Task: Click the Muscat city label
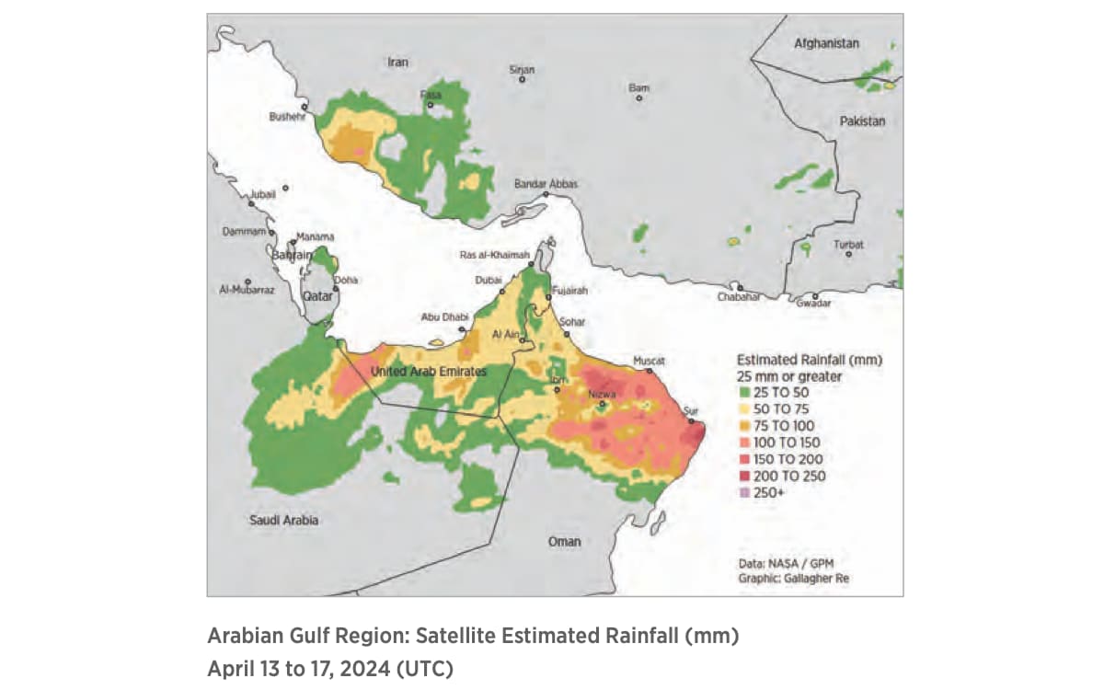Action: coord(649,360)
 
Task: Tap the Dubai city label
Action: coord(489,280)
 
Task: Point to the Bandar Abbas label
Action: coord(546,184)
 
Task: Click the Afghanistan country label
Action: coord(826,43)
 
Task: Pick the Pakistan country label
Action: coord(861,121)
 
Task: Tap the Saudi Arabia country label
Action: coord(284,521)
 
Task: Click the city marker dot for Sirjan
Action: coord(522,80)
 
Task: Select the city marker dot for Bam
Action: coord(639,98)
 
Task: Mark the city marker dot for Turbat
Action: coord(848,254)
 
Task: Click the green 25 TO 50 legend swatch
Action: coord(743,392)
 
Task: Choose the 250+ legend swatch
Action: coord(743,493)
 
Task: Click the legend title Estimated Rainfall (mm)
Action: coord(810,360)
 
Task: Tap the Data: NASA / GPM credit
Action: coord(781,563)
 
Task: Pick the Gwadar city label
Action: coord(813,304)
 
